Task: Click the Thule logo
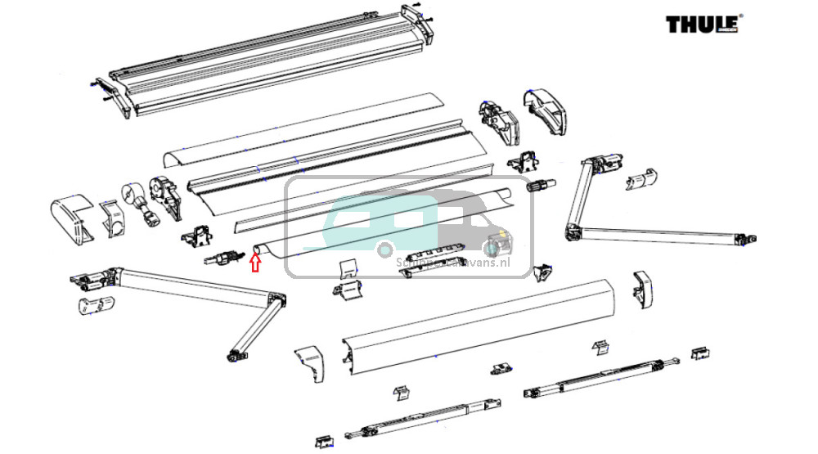pyautogui.click(x=702, y=24)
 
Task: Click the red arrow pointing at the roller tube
pyautogui.click(x=254, y=262)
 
